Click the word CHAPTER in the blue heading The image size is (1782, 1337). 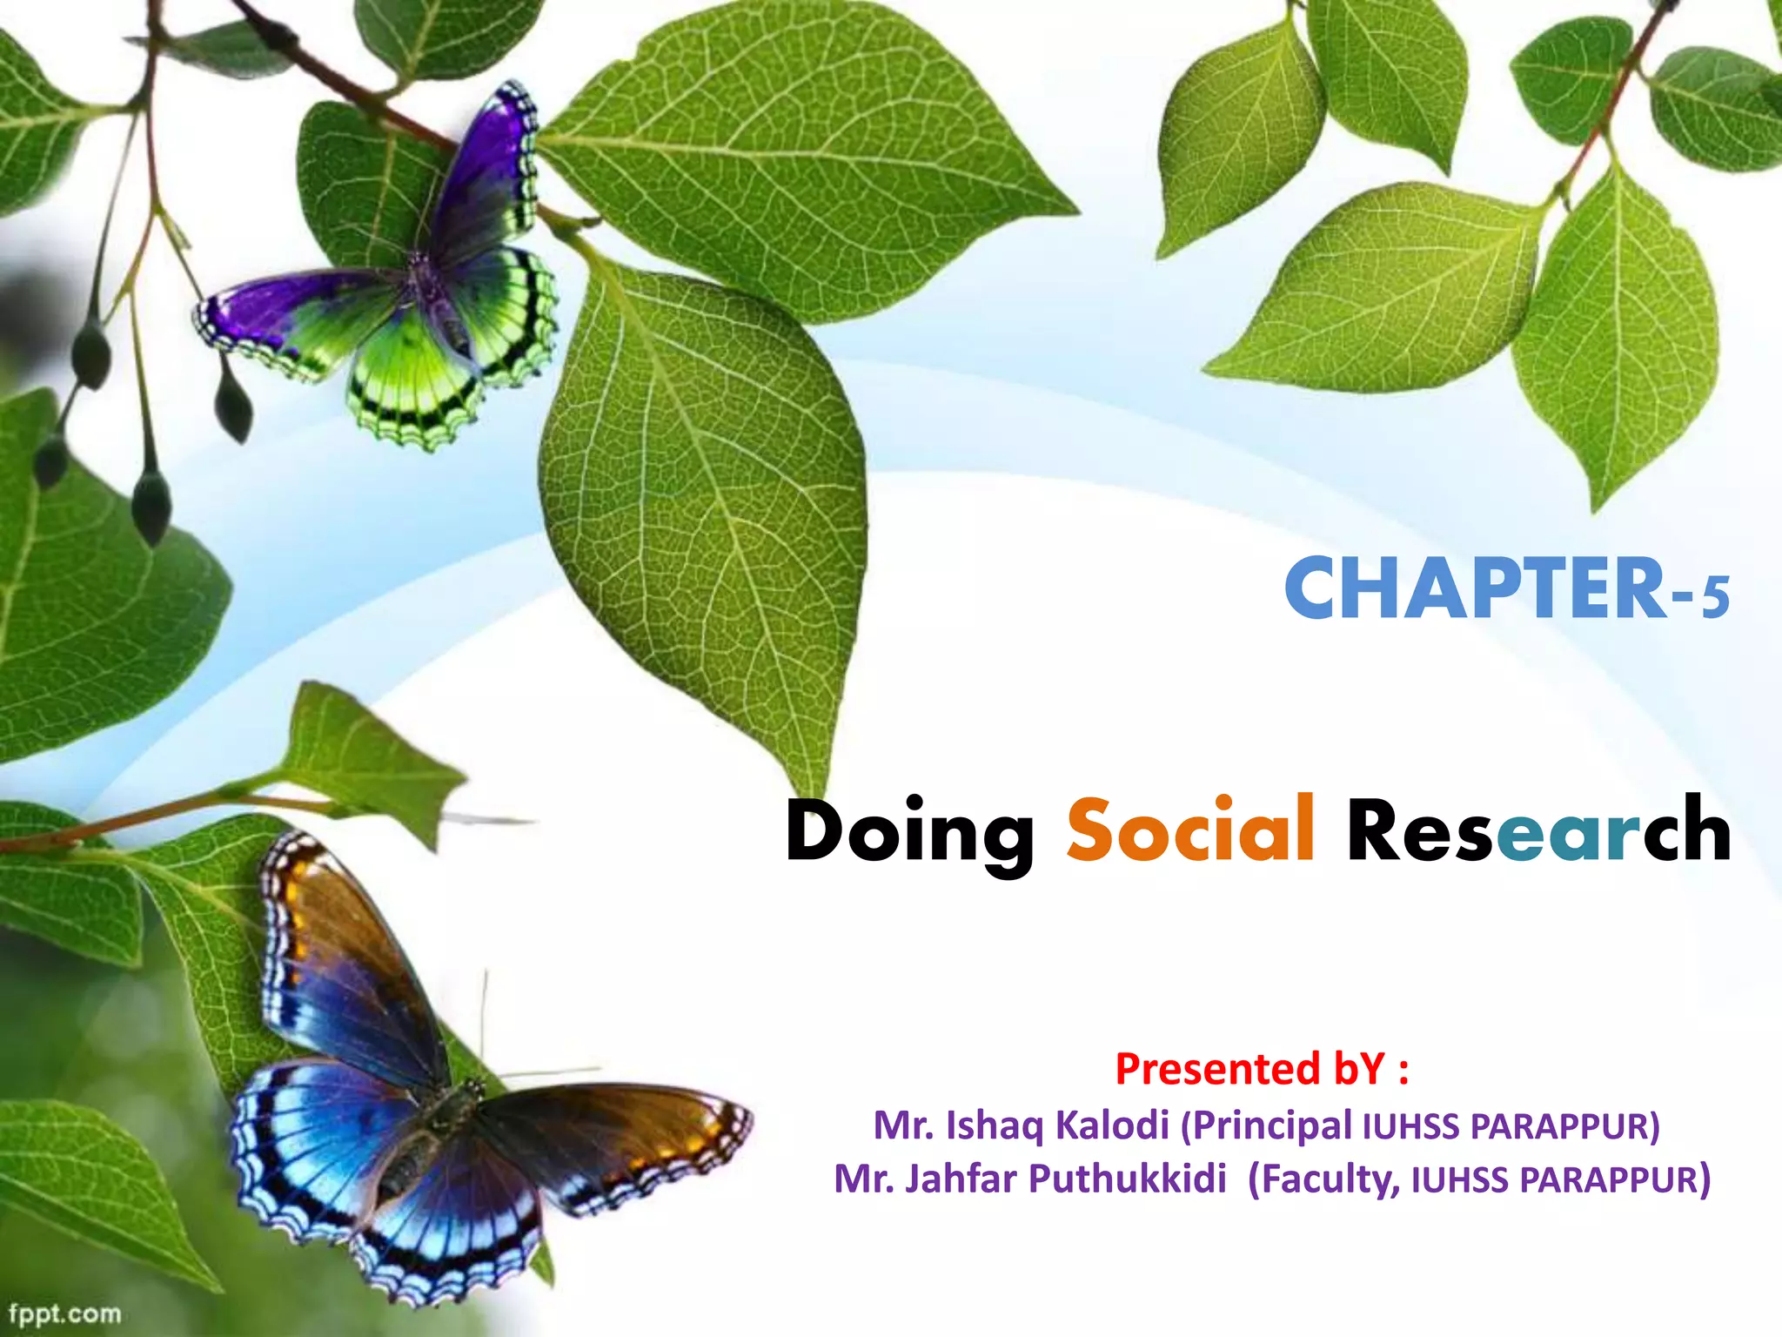pos(1475,590)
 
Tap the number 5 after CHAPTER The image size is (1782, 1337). pos(1715,598)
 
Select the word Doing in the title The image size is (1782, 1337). pos(909,833)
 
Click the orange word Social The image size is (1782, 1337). pos(1190,830)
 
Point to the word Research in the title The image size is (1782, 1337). pos(1538,830)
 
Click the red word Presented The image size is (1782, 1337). pos(1217,1069)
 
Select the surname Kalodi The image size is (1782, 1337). pos(1111,1125)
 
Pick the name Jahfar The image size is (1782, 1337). pos(961,1179)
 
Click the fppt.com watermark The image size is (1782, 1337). pos(64,1313)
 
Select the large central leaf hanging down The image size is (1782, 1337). pos(705,487)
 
